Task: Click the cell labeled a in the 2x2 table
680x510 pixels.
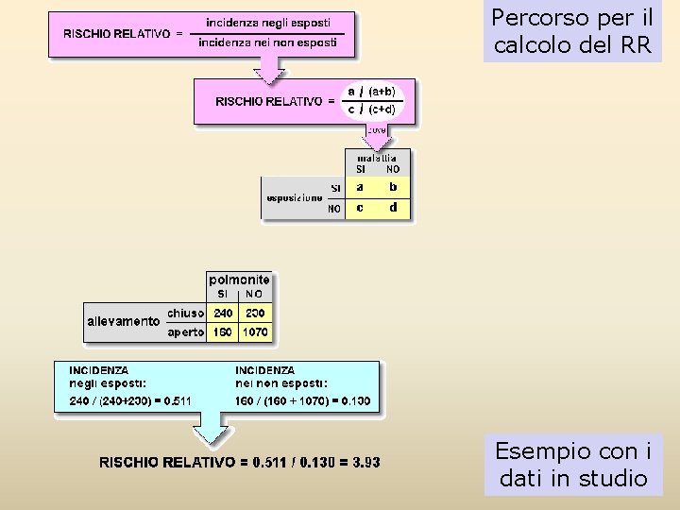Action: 360,188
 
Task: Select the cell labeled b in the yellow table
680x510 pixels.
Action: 394,188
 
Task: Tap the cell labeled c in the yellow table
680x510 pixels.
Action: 360,208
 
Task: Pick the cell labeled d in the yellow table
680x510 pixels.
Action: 394,208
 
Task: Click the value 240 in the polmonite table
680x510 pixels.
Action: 224,313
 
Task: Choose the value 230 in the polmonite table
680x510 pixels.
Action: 255,313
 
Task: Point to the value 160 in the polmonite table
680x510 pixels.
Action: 224,332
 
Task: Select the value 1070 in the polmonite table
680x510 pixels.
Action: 255,332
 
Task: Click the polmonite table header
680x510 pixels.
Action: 239,280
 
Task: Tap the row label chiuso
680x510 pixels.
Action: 186,313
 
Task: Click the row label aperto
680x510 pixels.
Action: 186,332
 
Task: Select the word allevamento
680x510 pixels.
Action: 124,321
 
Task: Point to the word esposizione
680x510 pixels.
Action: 295,198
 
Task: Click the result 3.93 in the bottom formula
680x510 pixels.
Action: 366,462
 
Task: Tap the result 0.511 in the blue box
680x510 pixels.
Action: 177,401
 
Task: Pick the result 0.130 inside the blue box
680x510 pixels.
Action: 354,401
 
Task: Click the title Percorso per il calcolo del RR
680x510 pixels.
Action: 573,31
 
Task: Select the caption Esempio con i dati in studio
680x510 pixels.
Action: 573,465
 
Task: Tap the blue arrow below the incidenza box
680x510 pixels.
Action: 212,433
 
